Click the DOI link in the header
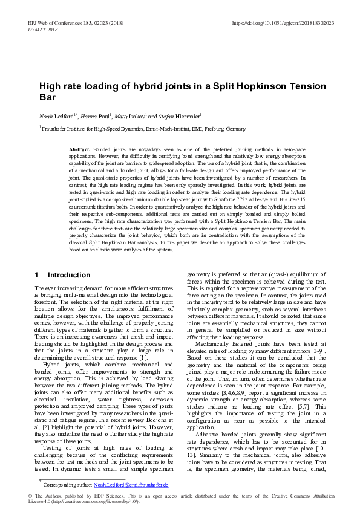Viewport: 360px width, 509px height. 283,22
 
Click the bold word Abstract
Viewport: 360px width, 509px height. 80,149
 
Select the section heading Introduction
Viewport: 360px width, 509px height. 68,275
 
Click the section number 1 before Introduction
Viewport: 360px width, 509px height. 37,275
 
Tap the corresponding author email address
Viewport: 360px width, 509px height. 131,485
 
